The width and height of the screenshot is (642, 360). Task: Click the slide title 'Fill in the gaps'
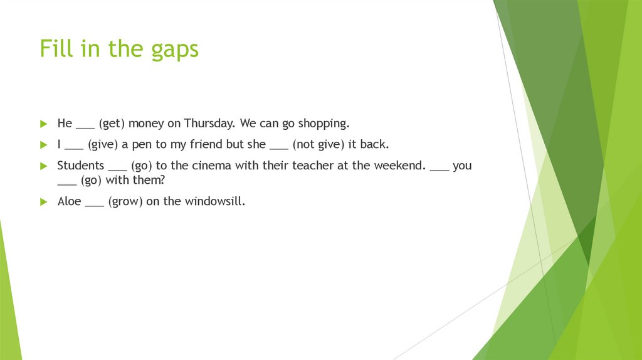tap(119, 49)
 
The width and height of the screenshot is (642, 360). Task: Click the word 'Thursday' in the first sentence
tap(209, 123)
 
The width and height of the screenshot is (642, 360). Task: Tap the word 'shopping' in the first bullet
tap(323, 124)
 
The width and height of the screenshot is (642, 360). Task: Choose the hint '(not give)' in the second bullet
tap(318, 145)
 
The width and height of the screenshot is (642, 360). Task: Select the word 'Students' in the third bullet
tap(80, 166)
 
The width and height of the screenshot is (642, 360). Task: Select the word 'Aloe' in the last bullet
tap(69, 202)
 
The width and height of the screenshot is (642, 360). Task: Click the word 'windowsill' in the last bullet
tap(214, 202)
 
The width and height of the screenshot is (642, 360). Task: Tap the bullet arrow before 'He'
tap(43, 124)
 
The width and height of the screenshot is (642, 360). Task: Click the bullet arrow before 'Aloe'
tap(43, 202)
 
